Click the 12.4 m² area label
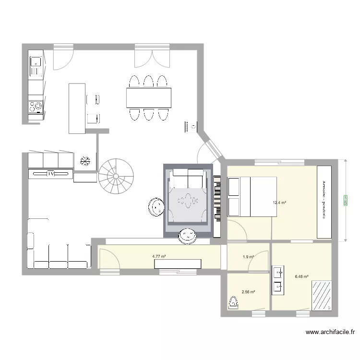[279, 203]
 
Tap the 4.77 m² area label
[159, 256]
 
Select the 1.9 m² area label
[248, 257]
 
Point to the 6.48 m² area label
[301, 276]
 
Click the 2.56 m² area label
[248, 291]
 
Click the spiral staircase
[116, 176]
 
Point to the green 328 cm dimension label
[345, 200]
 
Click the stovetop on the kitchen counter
[36, 107]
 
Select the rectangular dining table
[149, 97]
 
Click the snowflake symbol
[85, 161]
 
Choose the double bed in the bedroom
[252, 196]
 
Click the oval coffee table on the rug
[187, 199]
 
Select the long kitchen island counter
[77, 108]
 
